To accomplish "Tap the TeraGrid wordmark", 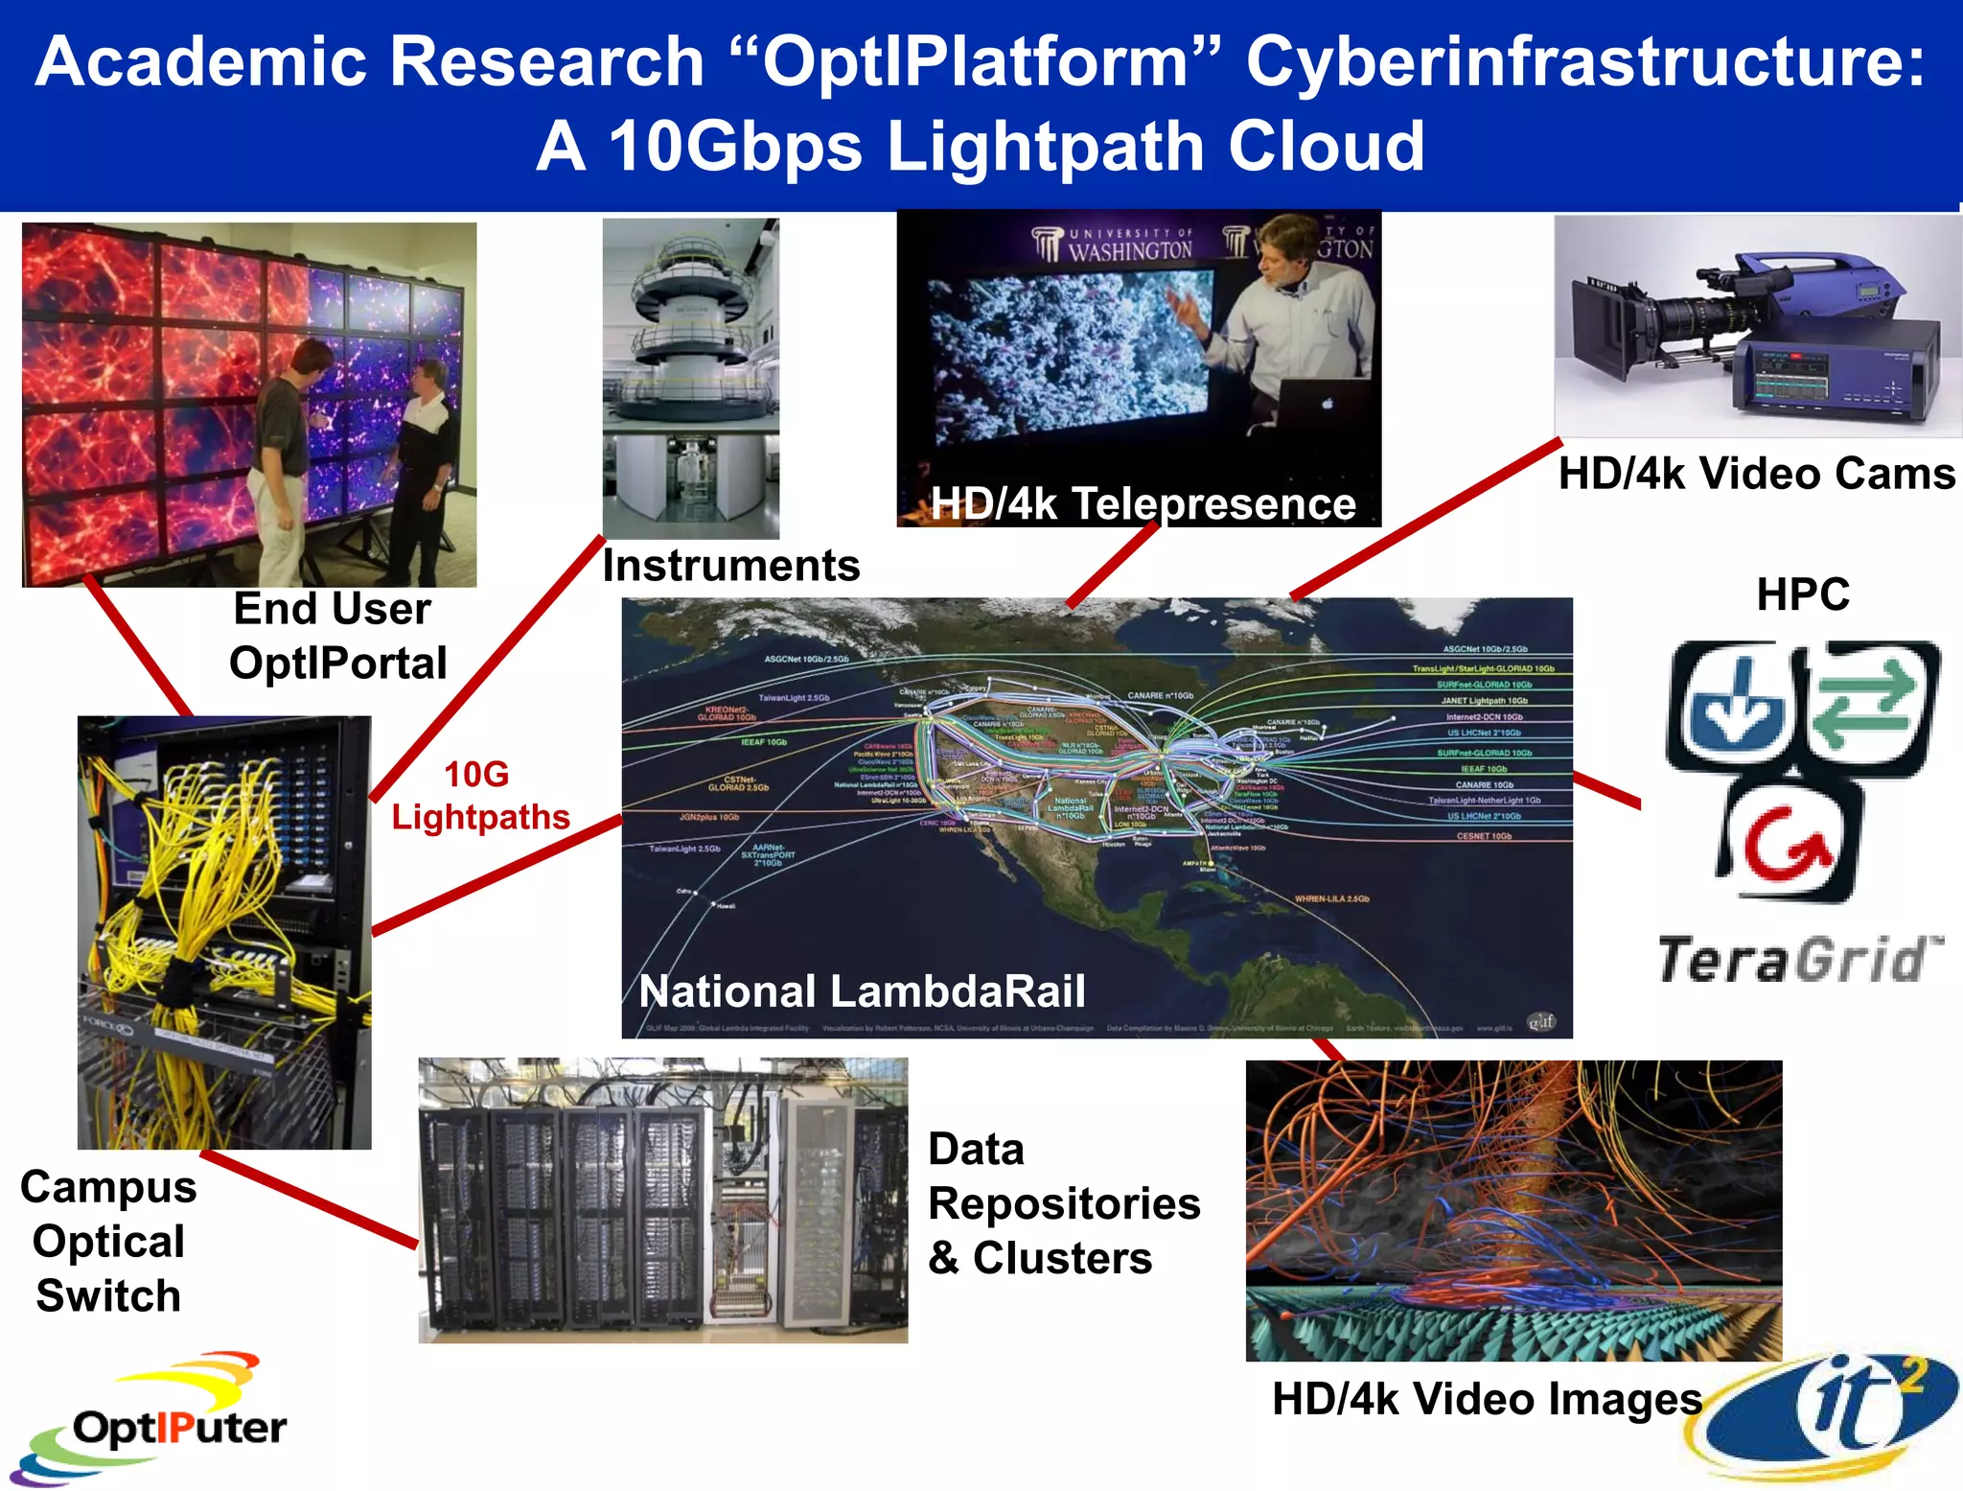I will point(1799,959).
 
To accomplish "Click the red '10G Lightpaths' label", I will point(479,796).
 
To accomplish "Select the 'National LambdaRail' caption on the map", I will point(862,991).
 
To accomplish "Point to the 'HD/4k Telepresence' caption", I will point(1143,504).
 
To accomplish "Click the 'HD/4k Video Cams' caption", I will point(1756,474).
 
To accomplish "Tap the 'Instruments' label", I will point(730,566).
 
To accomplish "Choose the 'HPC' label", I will point(1803,594).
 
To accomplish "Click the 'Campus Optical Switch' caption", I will point(108,1242).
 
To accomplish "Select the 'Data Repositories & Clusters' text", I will point(1063,1203).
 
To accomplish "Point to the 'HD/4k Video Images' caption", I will point(1487,1399).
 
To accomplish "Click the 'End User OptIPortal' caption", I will point(336,636).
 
